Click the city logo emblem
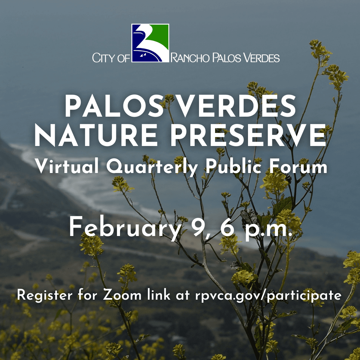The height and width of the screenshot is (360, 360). click(150, 43)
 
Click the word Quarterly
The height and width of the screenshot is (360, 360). click(152, 167)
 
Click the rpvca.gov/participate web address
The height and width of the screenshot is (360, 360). click(268, 296)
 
